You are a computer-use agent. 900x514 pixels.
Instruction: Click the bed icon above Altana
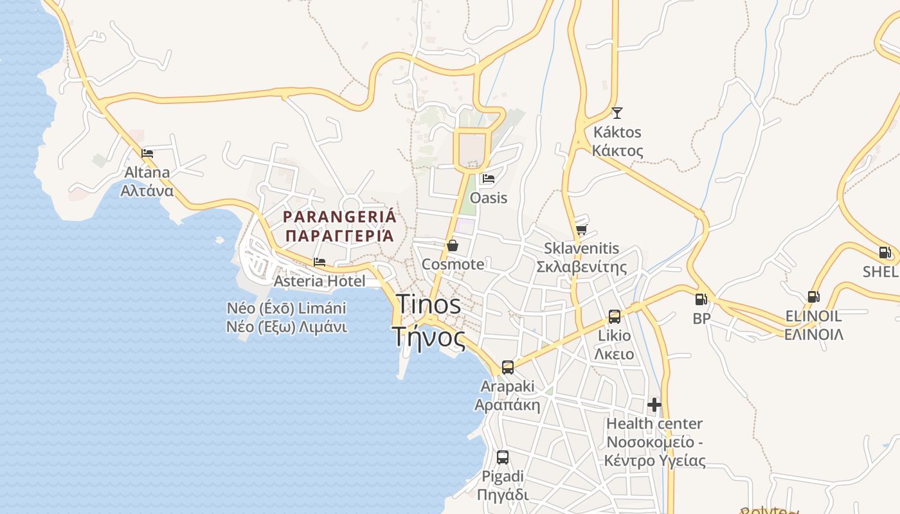[147, 154]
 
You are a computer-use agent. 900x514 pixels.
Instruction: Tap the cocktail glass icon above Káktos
[617, 113]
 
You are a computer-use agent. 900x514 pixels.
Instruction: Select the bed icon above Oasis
[489, 179]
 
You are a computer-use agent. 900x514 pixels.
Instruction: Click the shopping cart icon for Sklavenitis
[581, 229]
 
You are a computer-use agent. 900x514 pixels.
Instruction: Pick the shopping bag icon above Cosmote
[453, 245]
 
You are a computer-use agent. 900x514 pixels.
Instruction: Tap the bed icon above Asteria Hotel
[319, 262]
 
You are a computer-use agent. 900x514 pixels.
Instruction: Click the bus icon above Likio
[615, 316]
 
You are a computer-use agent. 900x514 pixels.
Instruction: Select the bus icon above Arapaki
[508, 368]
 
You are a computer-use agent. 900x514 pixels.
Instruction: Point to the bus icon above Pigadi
[503, 457]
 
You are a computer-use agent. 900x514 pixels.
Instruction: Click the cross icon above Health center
[654, 405]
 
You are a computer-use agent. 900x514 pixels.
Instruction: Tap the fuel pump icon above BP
[701, 299]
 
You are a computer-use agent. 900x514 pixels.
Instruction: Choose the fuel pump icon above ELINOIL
[813, 297]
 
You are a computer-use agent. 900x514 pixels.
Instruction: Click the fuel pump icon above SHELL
[885, 253]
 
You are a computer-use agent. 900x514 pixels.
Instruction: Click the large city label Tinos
[429, 304]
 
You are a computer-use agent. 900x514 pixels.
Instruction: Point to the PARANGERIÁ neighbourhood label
[340, 217]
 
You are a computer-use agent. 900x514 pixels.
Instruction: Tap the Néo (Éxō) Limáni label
[287, 308]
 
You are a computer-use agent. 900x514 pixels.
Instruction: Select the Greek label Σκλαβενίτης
[581, 267]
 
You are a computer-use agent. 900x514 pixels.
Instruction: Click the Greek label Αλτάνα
[147, 191]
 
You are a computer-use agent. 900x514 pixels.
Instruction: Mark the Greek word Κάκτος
[617, 151]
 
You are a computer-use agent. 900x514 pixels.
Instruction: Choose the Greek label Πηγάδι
[503, 495]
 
